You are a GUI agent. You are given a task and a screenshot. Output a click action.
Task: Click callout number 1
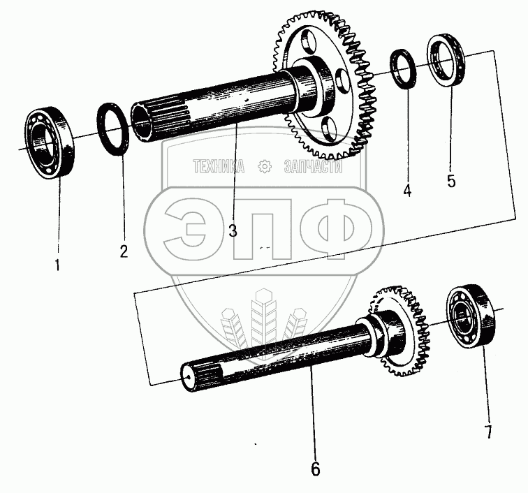(57, 265)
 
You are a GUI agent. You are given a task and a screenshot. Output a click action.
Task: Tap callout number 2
(124, 251)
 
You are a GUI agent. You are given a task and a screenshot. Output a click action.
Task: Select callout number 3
(233, 230)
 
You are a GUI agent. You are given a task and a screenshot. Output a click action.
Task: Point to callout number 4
(407, 191)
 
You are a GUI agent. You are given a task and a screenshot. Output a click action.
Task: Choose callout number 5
(451, 181)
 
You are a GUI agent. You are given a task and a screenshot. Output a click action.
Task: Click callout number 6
(316, 469)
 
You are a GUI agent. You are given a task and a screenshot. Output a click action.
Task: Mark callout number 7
(488, 432)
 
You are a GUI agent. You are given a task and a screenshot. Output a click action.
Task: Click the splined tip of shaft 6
(200, 376)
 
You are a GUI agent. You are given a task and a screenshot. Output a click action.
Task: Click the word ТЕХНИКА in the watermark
(219, 166)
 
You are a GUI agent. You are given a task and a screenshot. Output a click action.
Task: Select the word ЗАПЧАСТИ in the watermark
(313, 166)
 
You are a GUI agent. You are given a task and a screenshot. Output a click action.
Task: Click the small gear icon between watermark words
(264, 167)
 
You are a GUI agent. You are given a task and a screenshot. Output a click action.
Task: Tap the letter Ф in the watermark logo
(337, 229)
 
